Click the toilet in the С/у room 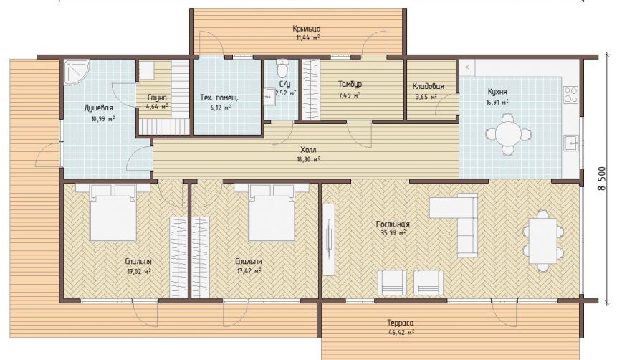[283, 68]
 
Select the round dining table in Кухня [508, 134]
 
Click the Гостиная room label [393, 224]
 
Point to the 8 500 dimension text [602, 178]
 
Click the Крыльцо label [306, 29]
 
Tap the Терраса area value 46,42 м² [401, 332]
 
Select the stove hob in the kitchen [570, 95]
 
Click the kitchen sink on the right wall [571, 143]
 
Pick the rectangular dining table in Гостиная [542, 240]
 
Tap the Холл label [308, 150]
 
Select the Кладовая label [429, 86]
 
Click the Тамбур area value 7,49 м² [350, 95]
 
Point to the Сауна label [157, 98]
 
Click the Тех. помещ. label [219, 98]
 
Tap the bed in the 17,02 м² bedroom [113, 213]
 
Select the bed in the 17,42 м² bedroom [272, 213]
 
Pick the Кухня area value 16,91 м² [497, 102]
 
